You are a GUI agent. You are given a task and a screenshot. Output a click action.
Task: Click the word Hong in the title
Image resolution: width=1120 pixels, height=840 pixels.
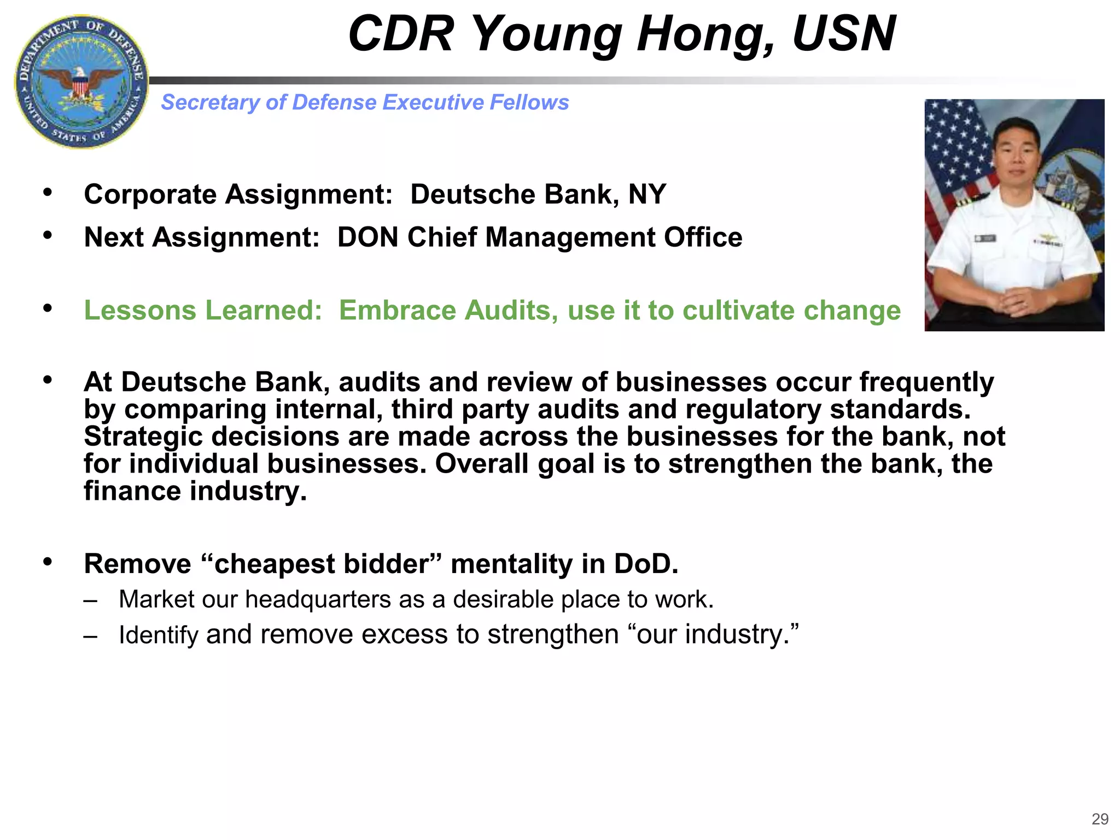click(705, 34)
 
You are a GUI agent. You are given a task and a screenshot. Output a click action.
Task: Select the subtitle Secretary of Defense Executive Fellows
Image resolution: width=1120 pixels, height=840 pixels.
click(365, 102)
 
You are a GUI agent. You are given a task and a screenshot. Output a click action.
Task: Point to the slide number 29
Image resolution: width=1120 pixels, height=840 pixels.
click(1100, 819)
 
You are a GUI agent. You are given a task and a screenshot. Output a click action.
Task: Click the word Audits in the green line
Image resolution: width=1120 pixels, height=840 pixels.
click(512, 310)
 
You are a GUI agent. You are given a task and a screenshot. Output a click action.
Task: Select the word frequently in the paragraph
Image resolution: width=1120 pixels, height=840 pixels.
click(926, 382)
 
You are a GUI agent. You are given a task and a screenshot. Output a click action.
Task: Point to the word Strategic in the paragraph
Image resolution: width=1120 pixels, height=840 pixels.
click(143, 436)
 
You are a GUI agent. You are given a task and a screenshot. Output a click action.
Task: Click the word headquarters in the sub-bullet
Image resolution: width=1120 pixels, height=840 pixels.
click(317, 599)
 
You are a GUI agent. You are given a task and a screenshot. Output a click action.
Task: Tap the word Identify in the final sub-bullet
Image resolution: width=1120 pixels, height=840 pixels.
click(158, 634)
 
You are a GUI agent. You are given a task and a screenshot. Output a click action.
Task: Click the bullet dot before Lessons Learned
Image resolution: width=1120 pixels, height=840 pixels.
click(48, 308)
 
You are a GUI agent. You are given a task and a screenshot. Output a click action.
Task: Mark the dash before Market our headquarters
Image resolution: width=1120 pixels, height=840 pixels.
click(91, 600)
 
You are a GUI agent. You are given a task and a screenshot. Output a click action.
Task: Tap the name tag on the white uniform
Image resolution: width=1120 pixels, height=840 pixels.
click(984, 239)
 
